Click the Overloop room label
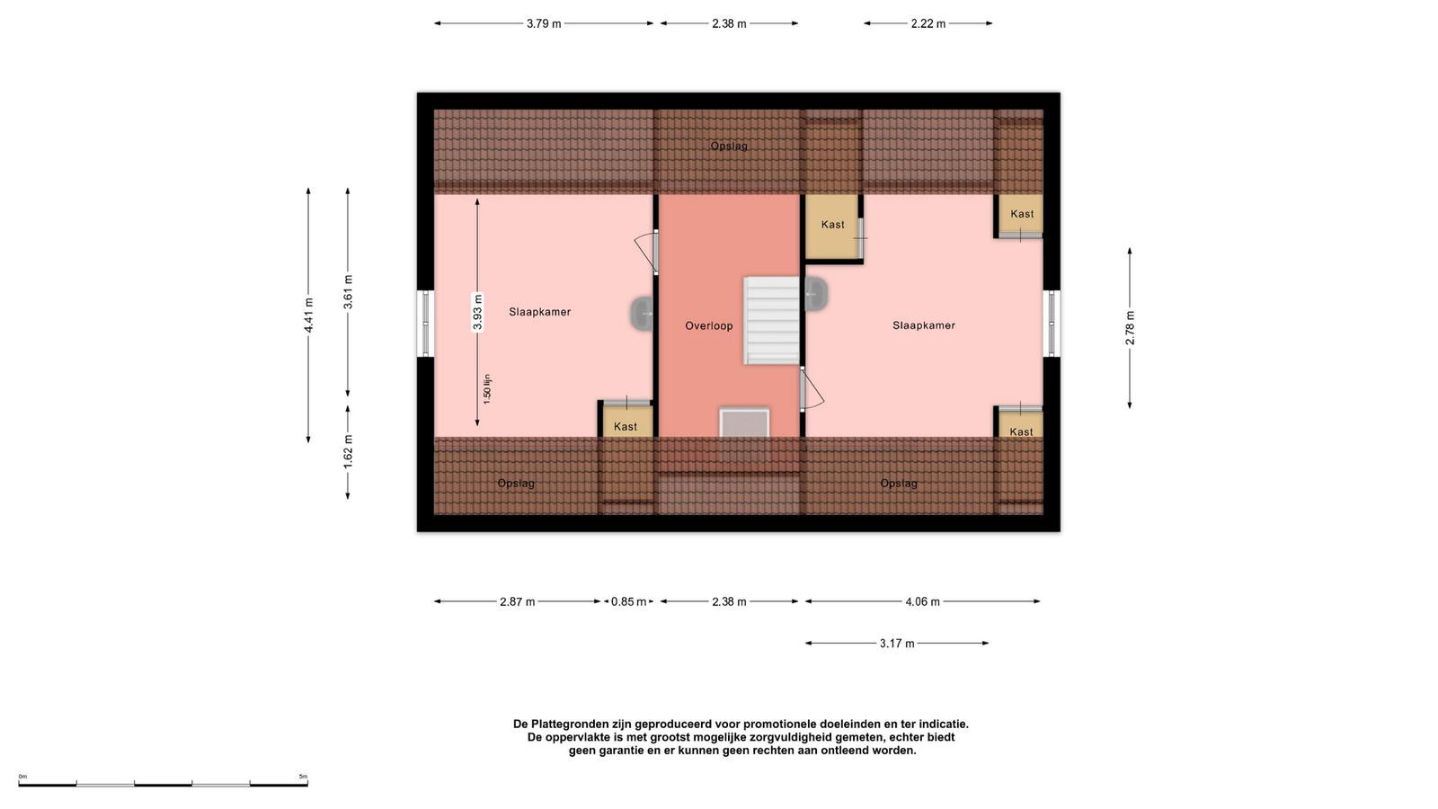pyautogui.click(x=709, y=325)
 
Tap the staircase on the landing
pyautogui.click(x=772, y=320)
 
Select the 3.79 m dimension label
pyautogui.click(x=544, y=23)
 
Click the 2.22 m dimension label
pyautogui.click(x=928, y=23)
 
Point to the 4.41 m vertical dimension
pyautogui.click(x=309, y=315)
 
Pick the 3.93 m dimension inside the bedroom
pyautogui.click(x=477, y=312)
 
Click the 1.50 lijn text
pyautogui.click(x=487, y=388)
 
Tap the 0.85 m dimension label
pyautogui.click(x=628, y=601)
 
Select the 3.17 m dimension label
pyautogui.click(x=897, y=644)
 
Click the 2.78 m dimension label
pyautogui.click(x=1130, y=327)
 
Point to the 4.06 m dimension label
pyautogui.click(x=922, y=601)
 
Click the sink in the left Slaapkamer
pyautogui.click(x=642, y=314)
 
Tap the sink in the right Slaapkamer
pyautogui.click(x=816, y=294)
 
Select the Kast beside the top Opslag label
pyautogui.click(x=832, y=224)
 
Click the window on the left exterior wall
pyautogui.click(x=425, y=324)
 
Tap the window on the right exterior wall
pyautogui.click(x=1052, y=324)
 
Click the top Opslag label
pyautogui.click(x=729, y=146)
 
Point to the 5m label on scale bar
pyautogui.click(x=303, y=777)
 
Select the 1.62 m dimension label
pyautogui.click(x=348, y=451)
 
